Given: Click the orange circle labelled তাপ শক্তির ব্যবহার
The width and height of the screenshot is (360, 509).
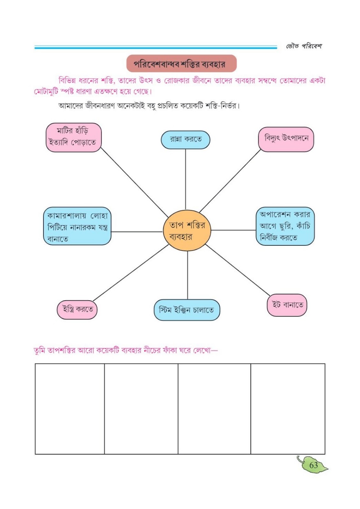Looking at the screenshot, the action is [x=187, y=230].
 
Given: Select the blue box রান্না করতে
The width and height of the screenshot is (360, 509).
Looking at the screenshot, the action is [x=185, y=140].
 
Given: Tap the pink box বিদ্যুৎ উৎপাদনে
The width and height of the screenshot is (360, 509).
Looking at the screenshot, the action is [x=286, y=139].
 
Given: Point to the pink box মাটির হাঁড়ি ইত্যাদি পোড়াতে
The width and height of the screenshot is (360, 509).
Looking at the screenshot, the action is [x=74, y=137].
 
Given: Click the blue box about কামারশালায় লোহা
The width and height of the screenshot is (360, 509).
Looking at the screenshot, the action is [x=77, y=226].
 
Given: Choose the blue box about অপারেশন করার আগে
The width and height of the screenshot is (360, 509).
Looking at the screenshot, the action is [x=285, y=226].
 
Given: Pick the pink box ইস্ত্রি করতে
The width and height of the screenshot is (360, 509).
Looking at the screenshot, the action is [x=77, y=310].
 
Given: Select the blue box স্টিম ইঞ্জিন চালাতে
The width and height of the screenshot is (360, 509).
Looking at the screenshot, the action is [x=187, y=310].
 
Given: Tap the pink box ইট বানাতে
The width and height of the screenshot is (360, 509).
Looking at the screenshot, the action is [x=287, y=305].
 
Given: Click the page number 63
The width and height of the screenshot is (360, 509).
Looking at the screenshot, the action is [x=314, y=466].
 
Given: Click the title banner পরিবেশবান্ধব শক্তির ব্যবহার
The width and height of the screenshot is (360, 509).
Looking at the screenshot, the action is [x=181, y=64].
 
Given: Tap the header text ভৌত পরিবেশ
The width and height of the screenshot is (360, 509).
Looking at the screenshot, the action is [x=304, y=46].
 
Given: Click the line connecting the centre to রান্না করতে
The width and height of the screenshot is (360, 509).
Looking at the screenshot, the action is [x=186, y=179].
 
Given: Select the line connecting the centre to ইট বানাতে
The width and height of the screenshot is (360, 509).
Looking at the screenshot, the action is [x=238, y=270].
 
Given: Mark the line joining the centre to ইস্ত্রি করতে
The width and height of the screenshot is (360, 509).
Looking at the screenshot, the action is [x=131, y=273].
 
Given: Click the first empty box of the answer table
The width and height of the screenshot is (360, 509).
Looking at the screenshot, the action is [x=70, y=409].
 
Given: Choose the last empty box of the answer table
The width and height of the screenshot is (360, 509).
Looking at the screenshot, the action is [x=288, y=409].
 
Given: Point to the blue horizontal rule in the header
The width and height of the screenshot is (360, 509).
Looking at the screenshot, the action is [x=156, y=47].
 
